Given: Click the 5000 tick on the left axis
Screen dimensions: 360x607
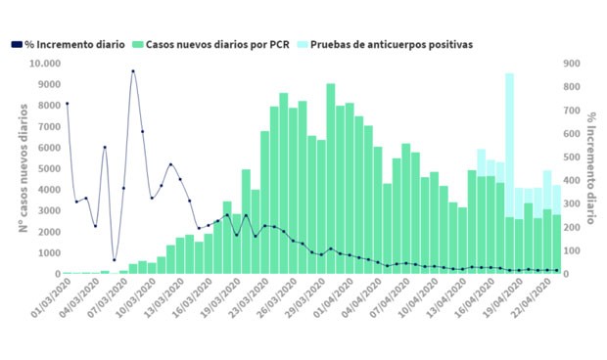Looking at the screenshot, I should (46, 168).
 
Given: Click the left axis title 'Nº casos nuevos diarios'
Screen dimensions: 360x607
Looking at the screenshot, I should (21, 168).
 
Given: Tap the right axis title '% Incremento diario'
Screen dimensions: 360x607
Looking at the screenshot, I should (592, 168).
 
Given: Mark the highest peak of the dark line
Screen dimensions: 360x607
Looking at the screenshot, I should (133, 71).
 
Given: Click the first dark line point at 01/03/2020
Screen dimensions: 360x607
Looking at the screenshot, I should (67, 103).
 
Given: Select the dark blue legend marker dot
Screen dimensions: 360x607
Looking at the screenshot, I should (18, 45).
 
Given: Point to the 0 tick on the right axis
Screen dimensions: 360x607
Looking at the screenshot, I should (569, 273).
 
